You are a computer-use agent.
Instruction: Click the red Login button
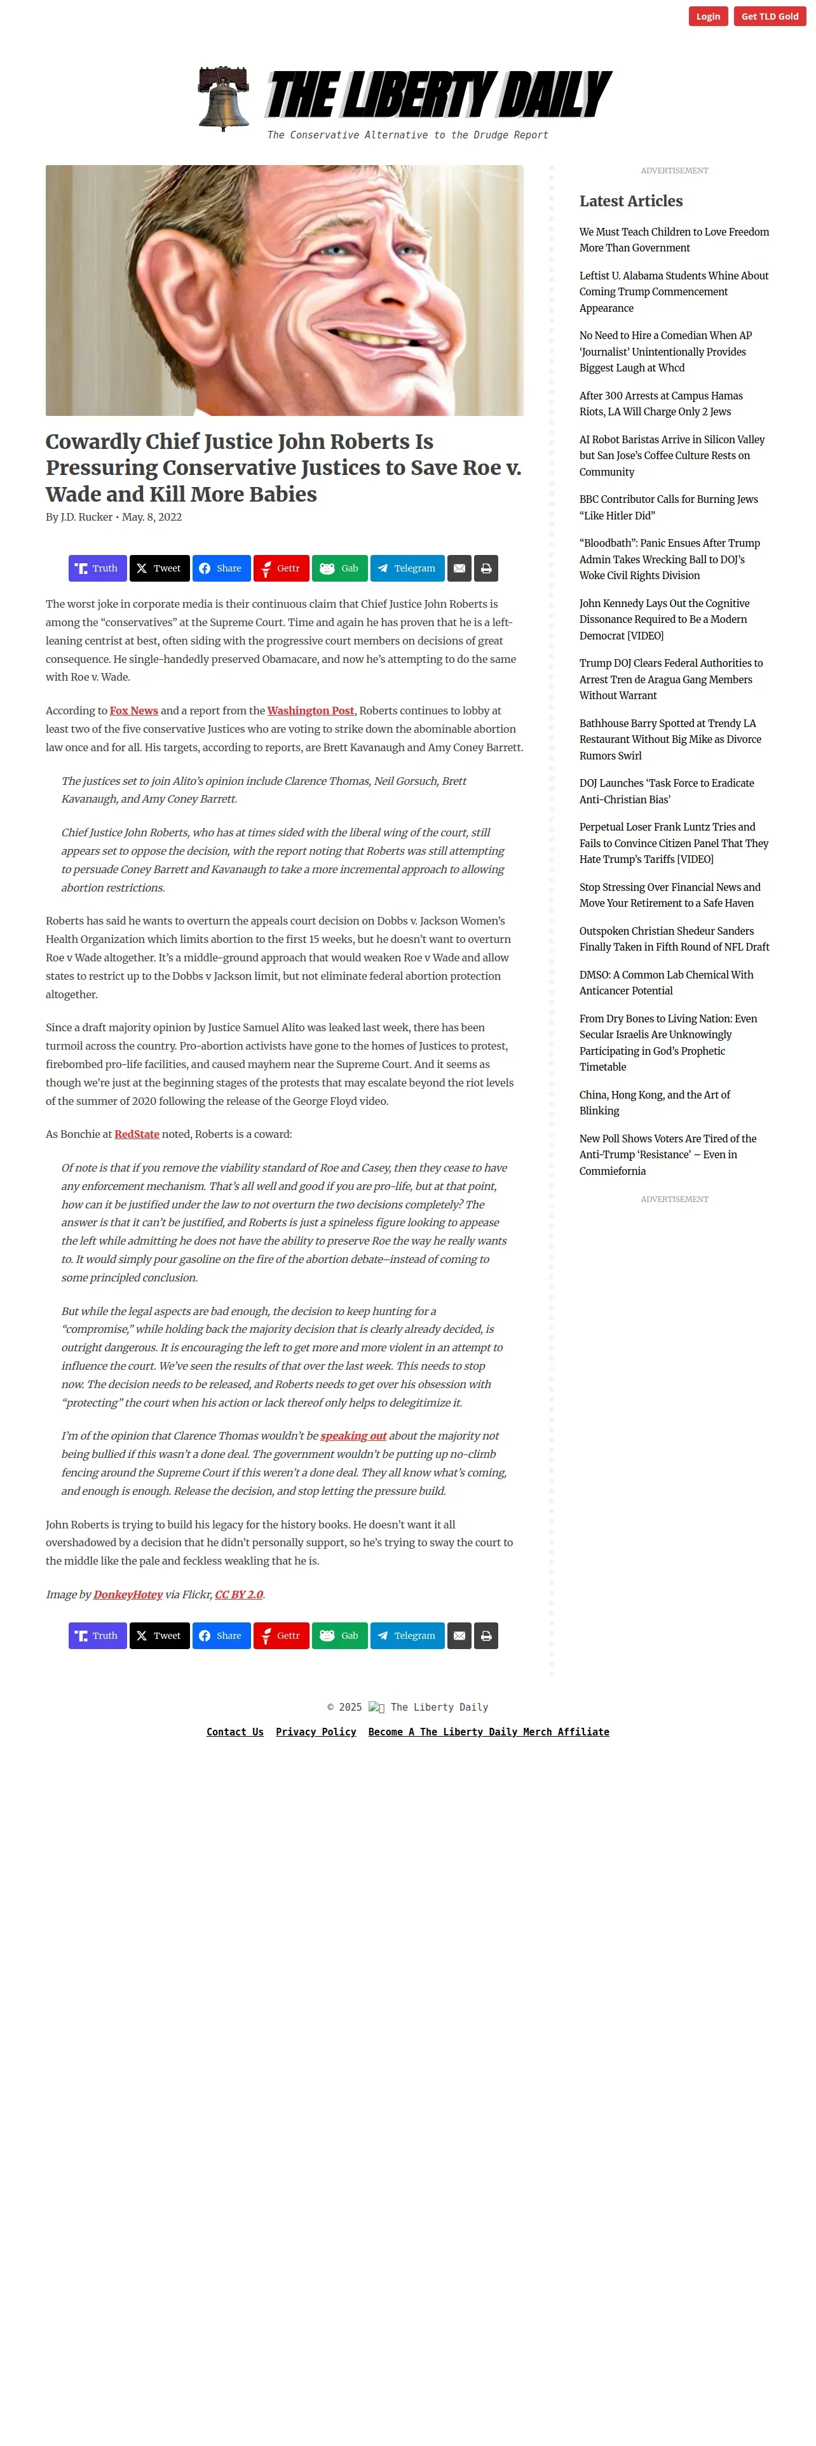coord(708,16)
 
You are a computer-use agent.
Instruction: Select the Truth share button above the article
coord(97,568)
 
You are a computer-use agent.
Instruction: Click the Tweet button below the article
coord(159,1635)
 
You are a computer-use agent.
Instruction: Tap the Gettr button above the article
coord(280,568)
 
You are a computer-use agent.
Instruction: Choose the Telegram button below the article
coord(407,1635)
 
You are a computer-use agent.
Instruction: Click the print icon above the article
coord(486,568)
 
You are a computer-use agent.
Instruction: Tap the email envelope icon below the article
coord(459,1635)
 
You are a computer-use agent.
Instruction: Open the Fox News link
coord(134,711)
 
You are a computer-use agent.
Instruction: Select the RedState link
coord(137,1133)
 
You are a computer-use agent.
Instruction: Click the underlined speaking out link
coord(353,1436)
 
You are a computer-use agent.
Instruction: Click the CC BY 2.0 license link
coord(238,1594)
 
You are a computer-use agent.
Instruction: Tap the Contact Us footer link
coord(235,1732)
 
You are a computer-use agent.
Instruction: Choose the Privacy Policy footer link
coord(315,1732)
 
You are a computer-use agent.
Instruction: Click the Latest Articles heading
coord(631,201)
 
